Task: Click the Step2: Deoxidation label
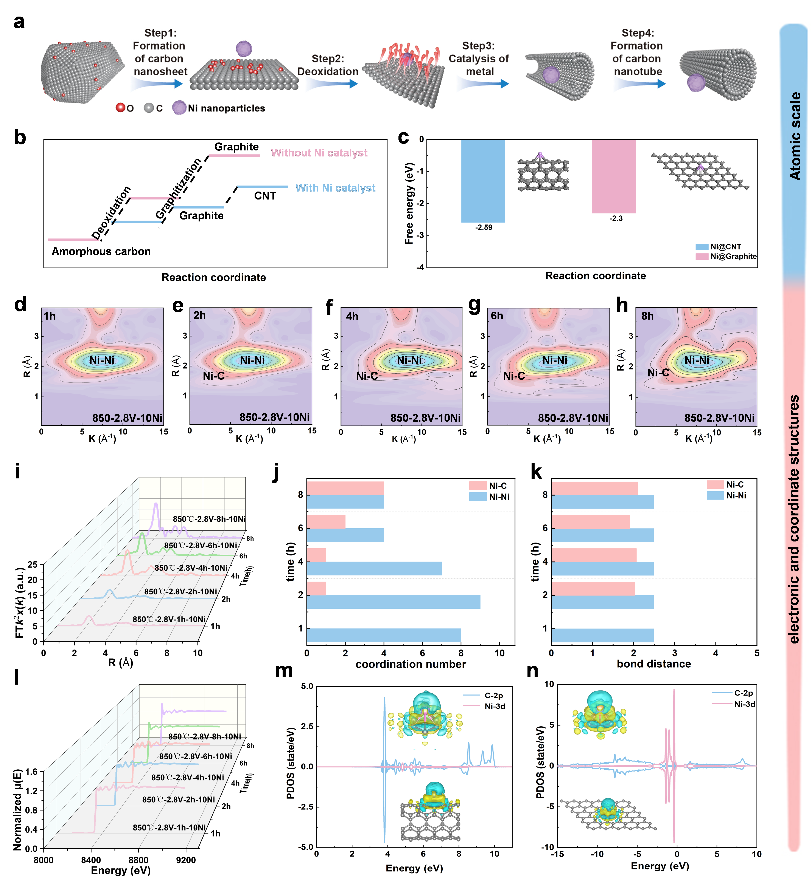point(328,65)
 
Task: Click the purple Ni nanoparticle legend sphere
point(179,108)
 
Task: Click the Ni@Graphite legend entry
point(733,256)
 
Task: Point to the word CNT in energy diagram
point(265,196)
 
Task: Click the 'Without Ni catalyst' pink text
point(319,153)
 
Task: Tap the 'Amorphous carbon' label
point(101,252)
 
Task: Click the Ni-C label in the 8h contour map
point(658,373)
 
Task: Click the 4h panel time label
point(352,317)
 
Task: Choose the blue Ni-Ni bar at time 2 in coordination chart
point(393,602)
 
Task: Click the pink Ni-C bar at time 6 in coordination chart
point(326,521)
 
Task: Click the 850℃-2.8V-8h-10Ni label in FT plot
point(209,519)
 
